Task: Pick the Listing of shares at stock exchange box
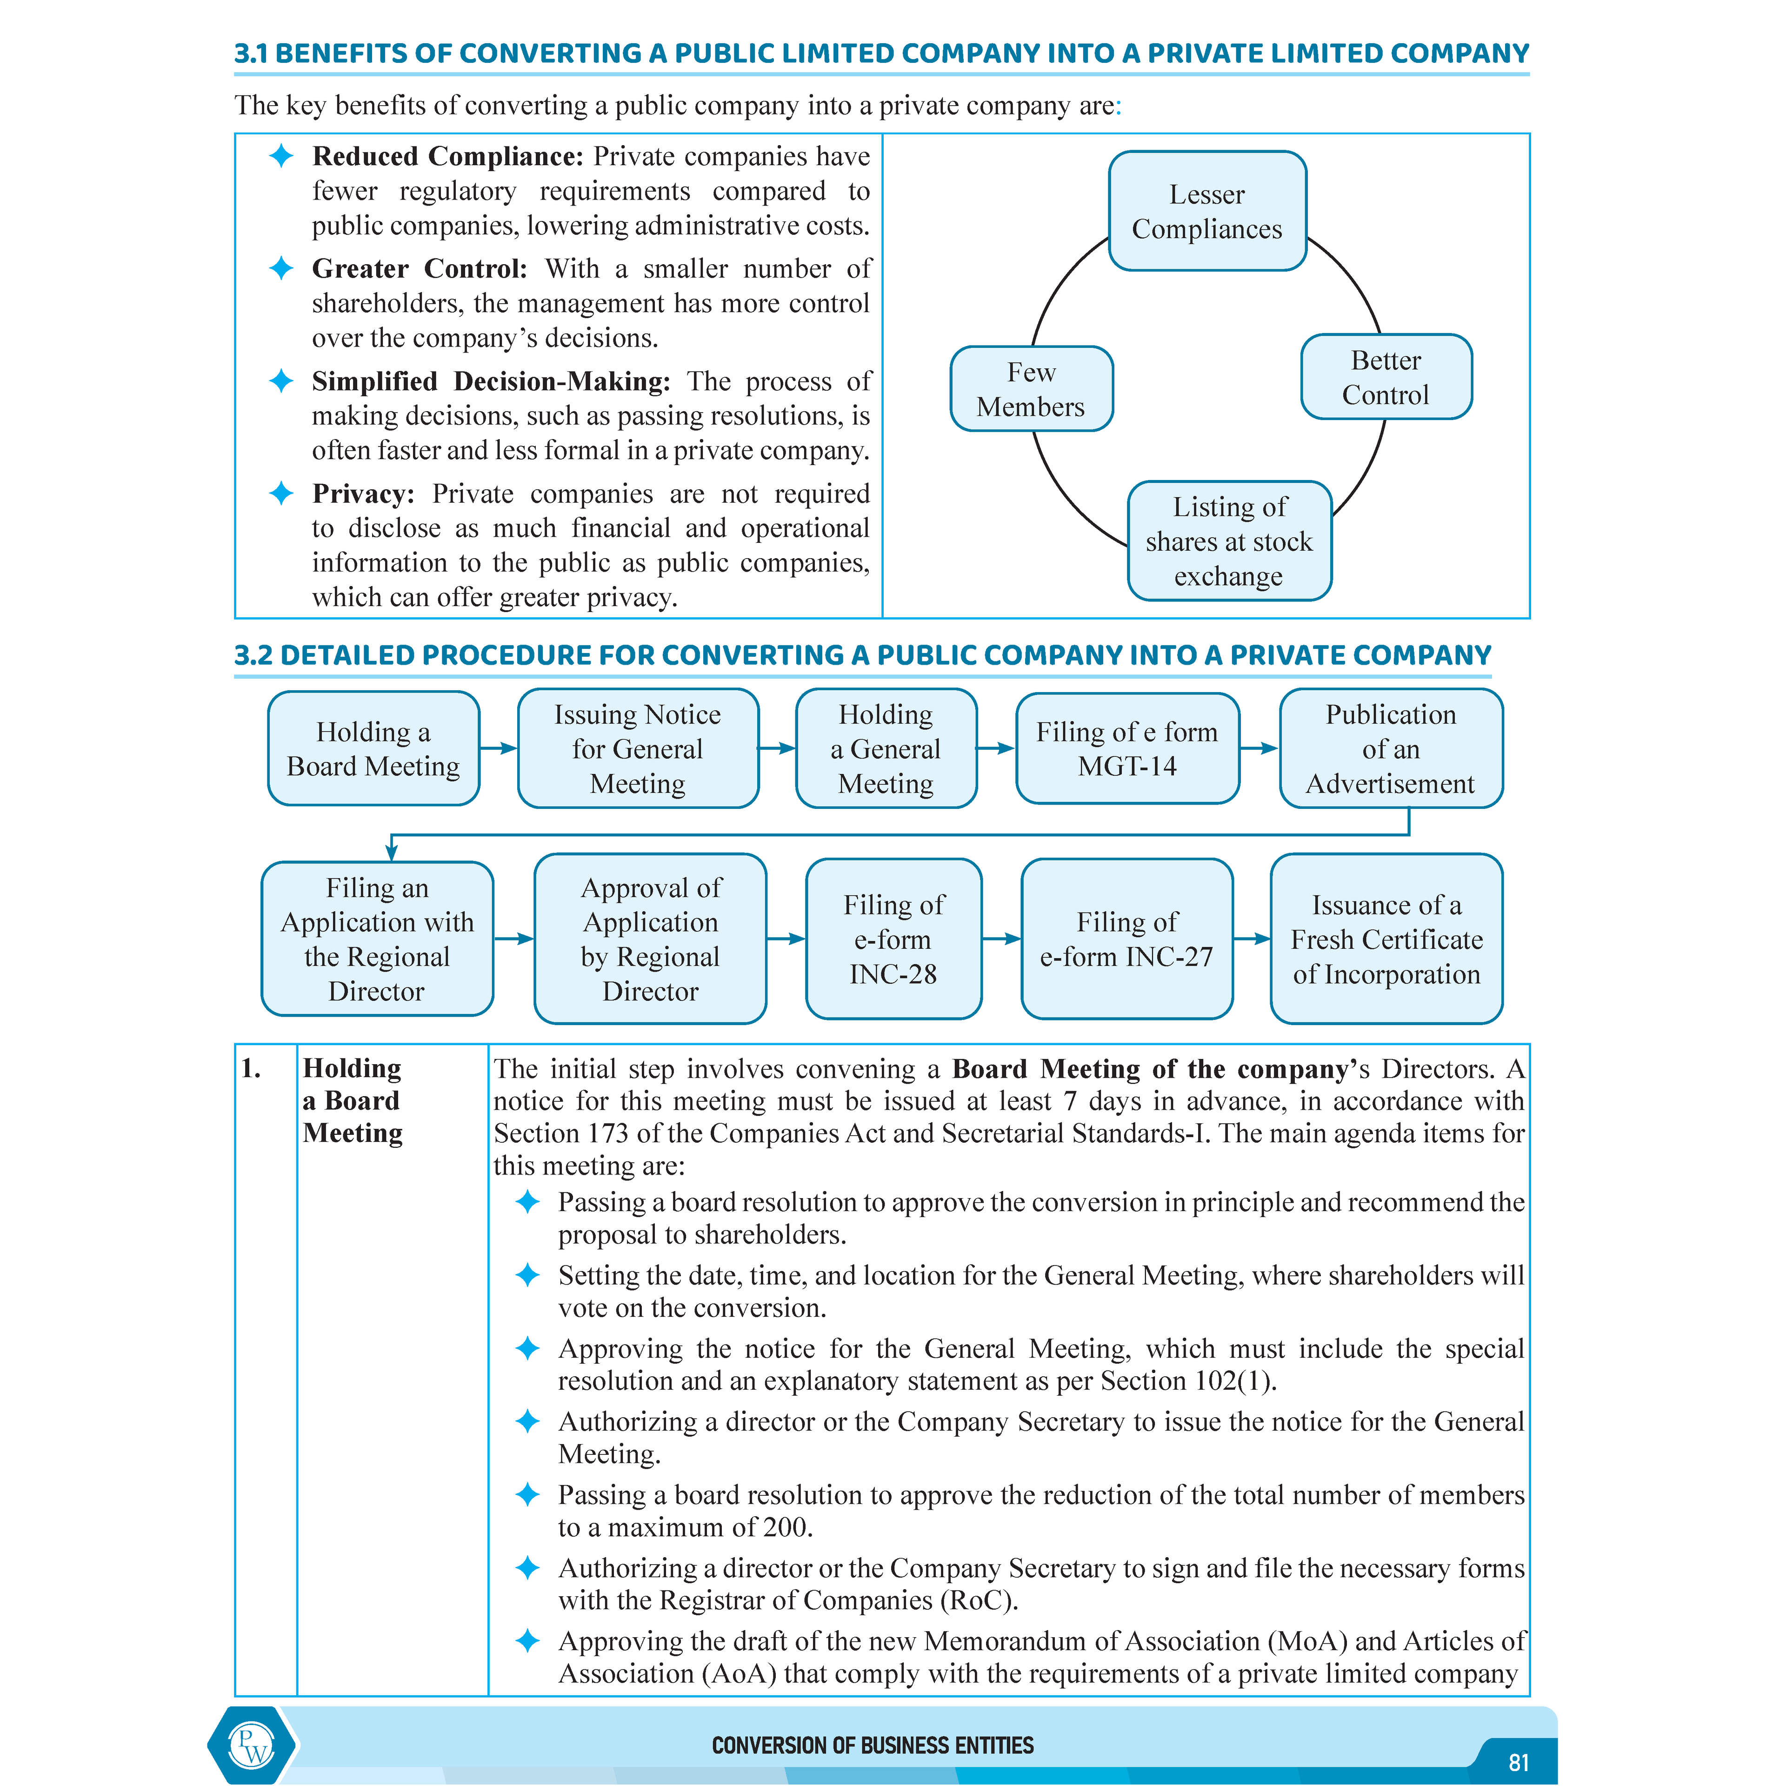tap(1229, 541)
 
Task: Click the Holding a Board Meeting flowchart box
tap(373, 749)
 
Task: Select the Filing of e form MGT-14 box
tap(1127, 749)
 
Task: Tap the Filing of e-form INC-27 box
tap(1127, 939)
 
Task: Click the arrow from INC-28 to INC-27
tap(1001, 939)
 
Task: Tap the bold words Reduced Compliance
tap(447, 156)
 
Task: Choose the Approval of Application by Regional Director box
tap(651, 939)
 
